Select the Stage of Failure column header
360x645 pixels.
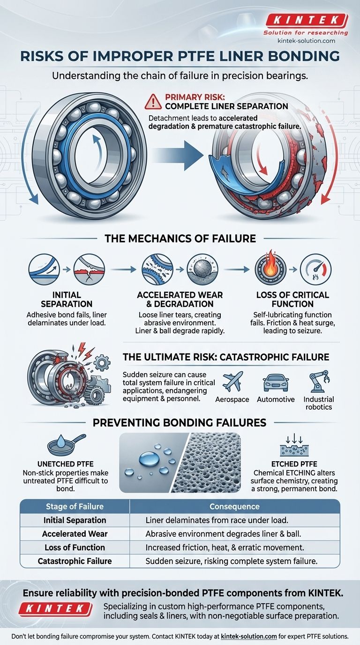pyautogui.click(x=75, y=506)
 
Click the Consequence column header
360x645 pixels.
pyautogui.click(x=234, y=506)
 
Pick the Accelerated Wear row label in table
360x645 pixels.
pyautogui.click(x=75, y=533)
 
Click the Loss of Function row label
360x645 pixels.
pyautogui.click(x=75, y=547)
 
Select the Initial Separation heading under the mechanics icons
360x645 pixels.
pyautogui.click(x=60, y=299)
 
